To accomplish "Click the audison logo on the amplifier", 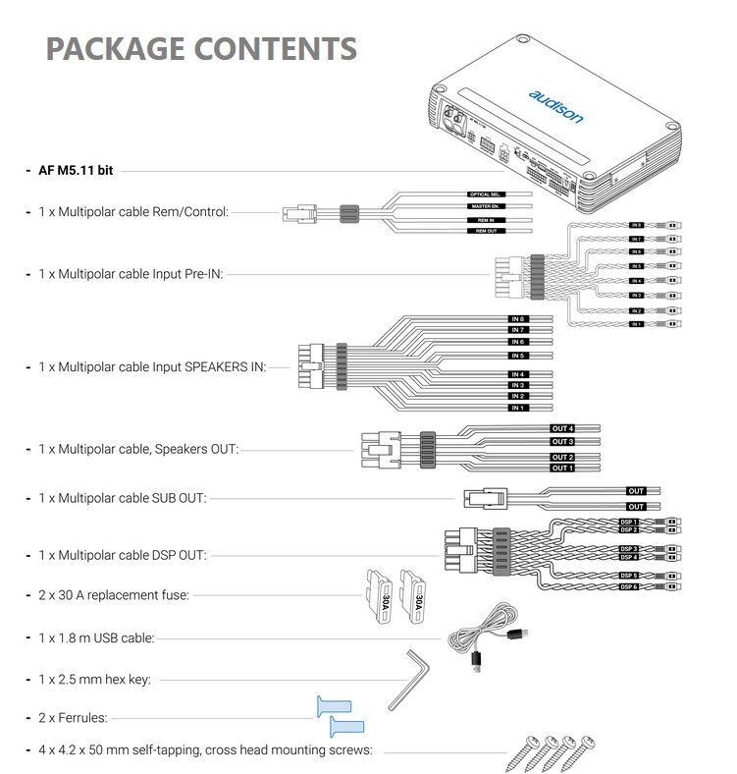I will [555, 107].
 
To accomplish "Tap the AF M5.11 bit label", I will [76, 170].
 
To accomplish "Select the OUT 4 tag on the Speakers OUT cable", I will [561, 429].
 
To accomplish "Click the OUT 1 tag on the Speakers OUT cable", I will [561, 468].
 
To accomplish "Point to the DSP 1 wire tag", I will [629, 522].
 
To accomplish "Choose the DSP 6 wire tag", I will [629, 587].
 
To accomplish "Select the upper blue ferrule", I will [331, 705].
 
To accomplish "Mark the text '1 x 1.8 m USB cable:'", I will [96, 637].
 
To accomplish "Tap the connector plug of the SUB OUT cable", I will [482, 498].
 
